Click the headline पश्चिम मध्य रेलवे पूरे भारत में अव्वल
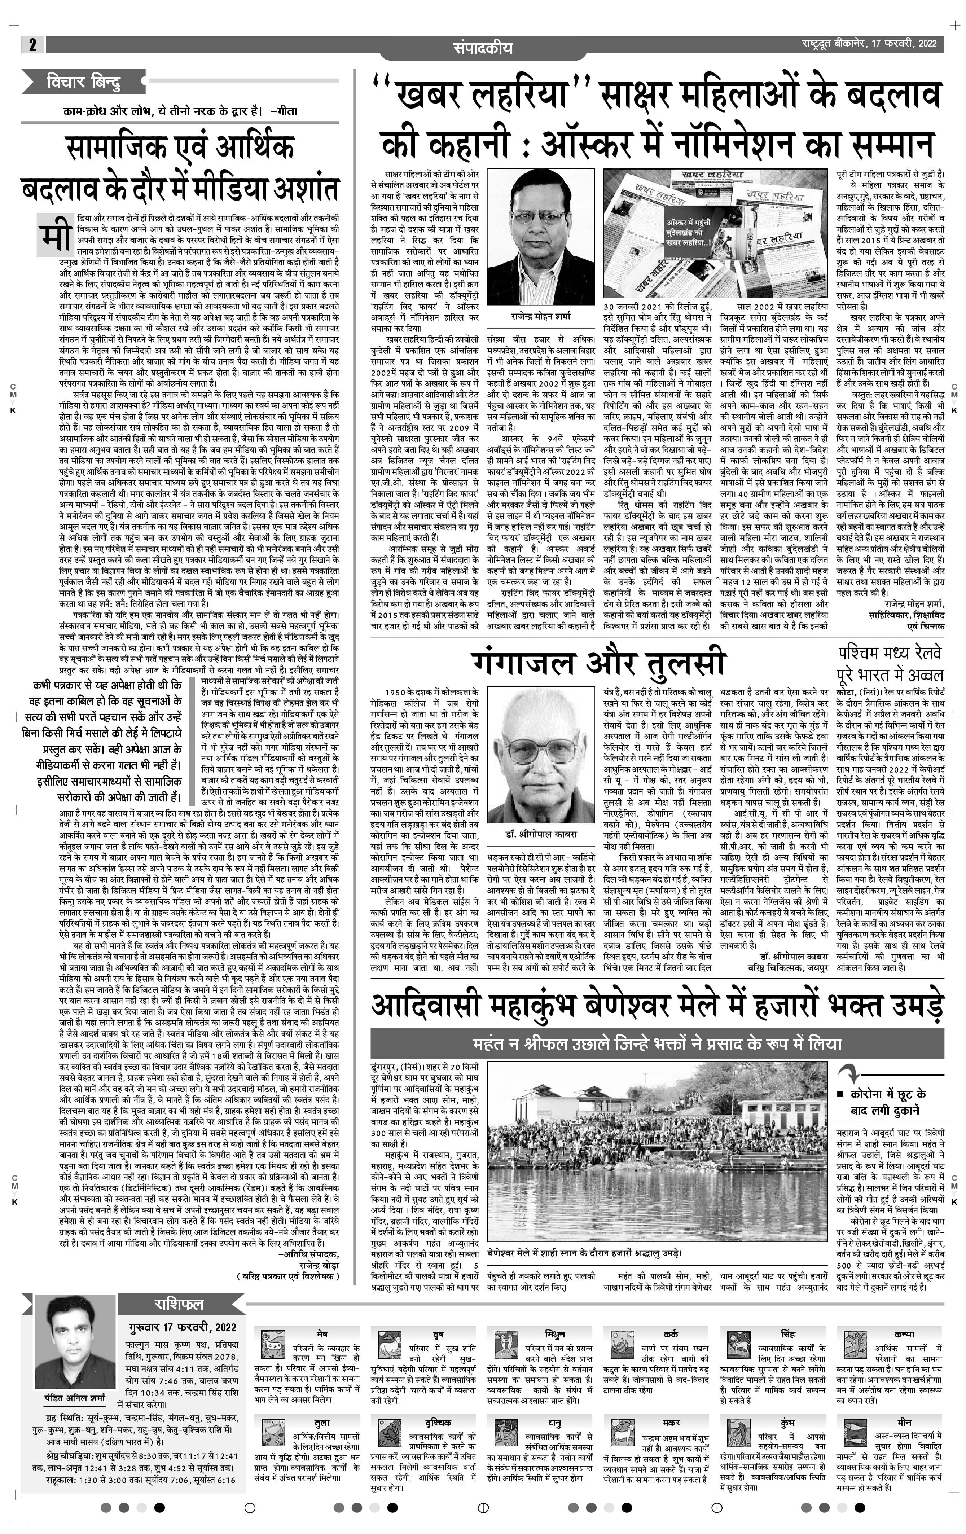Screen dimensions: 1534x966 [x=890, y=664]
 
